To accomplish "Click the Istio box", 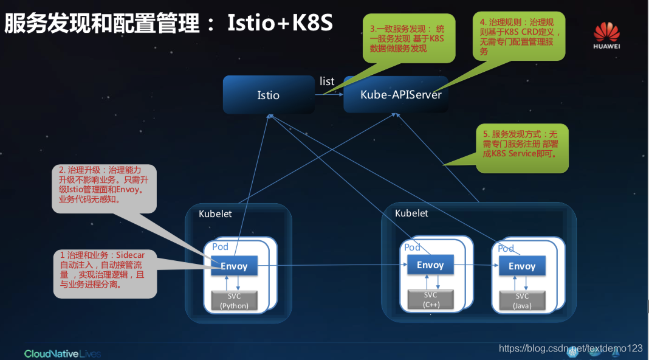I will pos(268,95).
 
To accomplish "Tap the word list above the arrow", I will pos(327,81).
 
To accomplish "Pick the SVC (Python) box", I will pos(234,300).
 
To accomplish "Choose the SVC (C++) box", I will pos(430,299).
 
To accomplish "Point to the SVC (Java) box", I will pos(522,300).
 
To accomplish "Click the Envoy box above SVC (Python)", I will pos(234,266).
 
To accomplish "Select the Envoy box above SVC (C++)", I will pos(430,265).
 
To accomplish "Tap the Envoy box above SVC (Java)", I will pos(522,266).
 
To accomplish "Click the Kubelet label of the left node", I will pos(215,214).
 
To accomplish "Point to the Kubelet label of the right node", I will pos(411,213).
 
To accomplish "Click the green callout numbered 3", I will pos(409,38).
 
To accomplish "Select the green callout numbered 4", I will pos(520,36).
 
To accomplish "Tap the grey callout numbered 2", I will pos(104,189).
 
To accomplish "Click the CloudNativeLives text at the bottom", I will pos(62,353).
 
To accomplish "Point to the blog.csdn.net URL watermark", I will pos(571,348).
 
